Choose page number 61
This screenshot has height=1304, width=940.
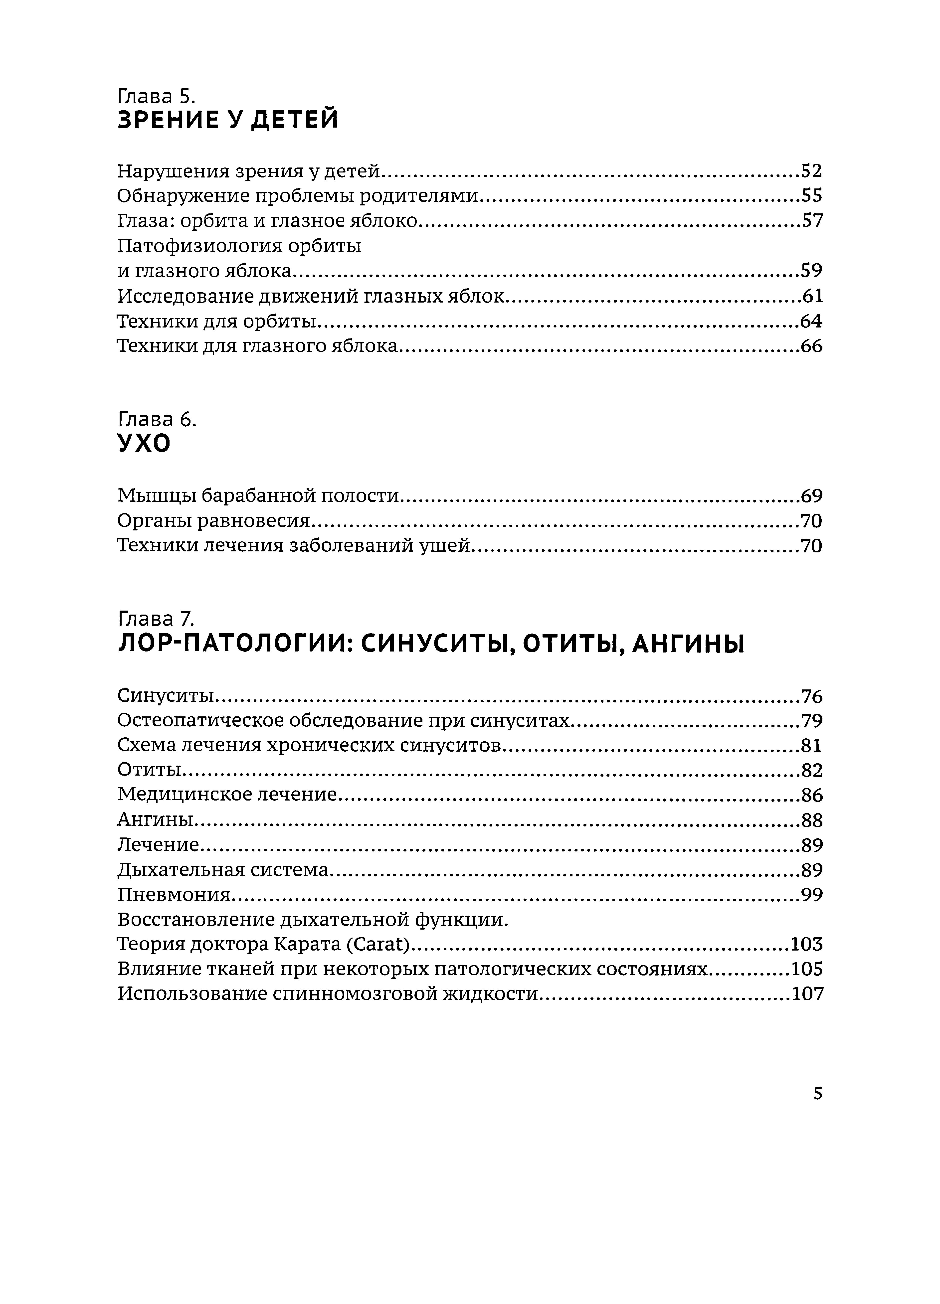tap(812, 296)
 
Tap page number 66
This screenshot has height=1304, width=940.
tap(811, 346)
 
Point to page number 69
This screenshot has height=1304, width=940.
tap(811, 495)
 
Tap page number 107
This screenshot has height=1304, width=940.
tap(807, 994)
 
